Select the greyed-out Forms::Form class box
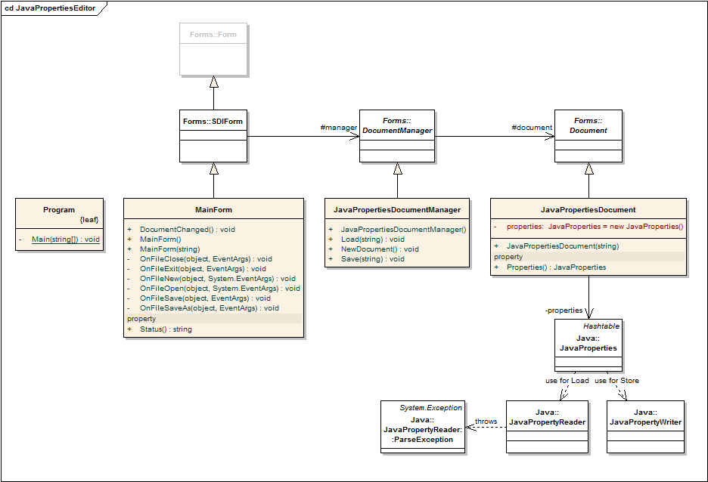coord(213,48)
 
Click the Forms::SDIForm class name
coord(213,121)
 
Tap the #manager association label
coord(338,128)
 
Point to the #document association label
coord(532,128)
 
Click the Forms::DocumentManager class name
coord(397,125)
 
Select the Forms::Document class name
coord(588,125)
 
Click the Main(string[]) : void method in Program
coord(66,239)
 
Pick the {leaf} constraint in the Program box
coord(90,220)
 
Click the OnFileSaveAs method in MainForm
coord(209,308)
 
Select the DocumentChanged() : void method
coord(188,230)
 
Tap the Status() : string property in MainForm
coord(166,329)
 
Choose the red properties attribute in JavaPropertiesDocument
coord(595,226)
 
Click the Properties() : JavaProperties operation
coord(556,267)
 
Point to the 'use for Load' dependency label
coord(567,380)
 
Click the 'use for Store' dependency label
coord(616,380)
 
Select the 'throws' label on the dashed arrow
coord(486,422)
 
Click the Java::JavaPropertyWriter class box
coord(645,427)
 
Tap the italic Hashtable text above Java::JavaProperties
coord(601,326)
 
